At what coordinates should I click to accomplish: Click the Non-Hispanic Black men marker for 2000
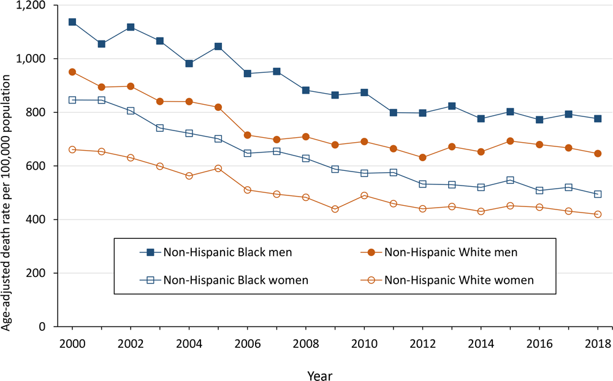72,22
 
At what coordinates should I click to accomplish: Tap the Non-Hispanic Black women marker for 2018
598,194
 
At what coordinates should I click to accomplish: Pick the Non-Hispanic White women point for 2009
335,209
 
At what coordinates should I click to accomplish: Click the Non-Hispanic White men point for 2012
422,157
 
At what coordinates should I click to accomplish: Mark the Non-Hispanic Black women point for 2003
160,128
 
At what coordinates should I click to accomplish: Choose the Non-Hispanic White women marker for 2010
364,196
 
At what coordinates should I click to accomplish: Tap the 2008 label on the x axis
305,344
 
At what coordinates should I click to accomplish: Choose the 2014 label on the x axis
481,344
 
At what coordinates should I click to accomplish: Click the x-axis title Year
321,372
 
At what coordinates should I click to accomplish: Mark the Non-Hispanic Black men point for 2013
452,107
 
